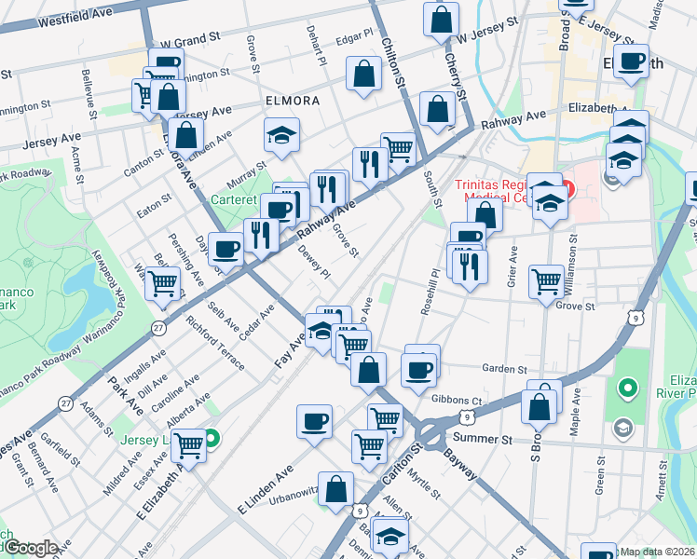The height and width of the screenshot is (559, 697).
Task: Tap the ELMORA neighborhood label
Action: coord(292,101)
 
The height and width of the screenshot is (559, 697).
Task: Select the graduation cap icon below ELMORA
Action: coord(281,136)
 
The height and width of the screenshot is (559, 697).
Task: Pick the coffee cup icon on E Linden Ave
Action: coord(314,422)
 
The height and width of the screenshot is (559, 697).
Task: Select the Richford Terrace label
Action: coord(214,340)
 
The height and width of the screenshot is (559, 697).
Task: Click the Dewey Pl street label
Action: coord(314,262)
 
